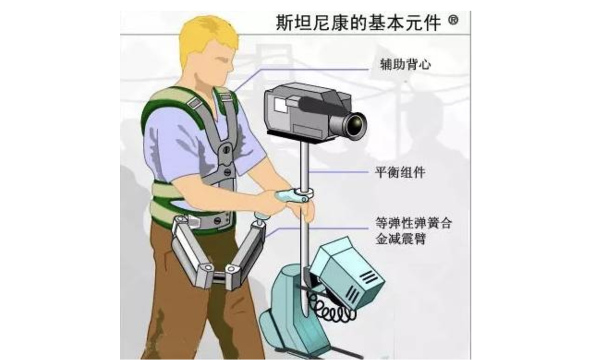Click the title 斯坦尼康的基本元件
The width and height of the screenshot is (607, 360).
(358, 23)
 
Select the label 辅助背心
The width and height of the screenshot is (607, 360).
(406, 65)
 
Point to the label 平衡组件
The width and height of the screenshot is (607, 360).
(400, 172)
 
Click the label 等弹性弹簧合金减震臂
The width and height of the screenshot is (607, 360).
(413, 231)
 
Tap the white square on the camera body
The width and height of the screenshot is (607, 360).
(280, 105)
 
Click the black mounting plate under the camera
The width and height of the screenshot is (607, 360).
(301, 137)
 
